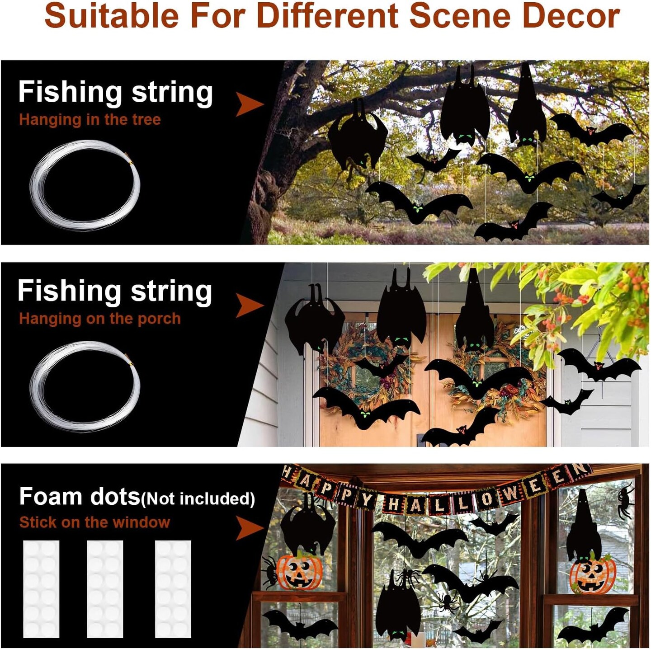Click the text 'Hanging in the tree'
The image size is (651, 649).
90,120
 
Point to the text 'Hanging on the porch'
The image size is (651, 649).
100,319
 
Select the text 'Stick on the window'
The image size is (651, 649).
94,522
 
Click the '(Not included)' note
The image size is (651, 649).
198,499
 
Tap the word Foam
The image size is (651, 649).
51,497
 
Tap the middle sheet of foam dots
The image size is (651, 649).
105,589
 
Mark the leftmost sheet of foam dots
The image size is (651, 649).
41,589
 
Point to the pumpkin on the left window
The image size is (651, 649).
299,572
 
